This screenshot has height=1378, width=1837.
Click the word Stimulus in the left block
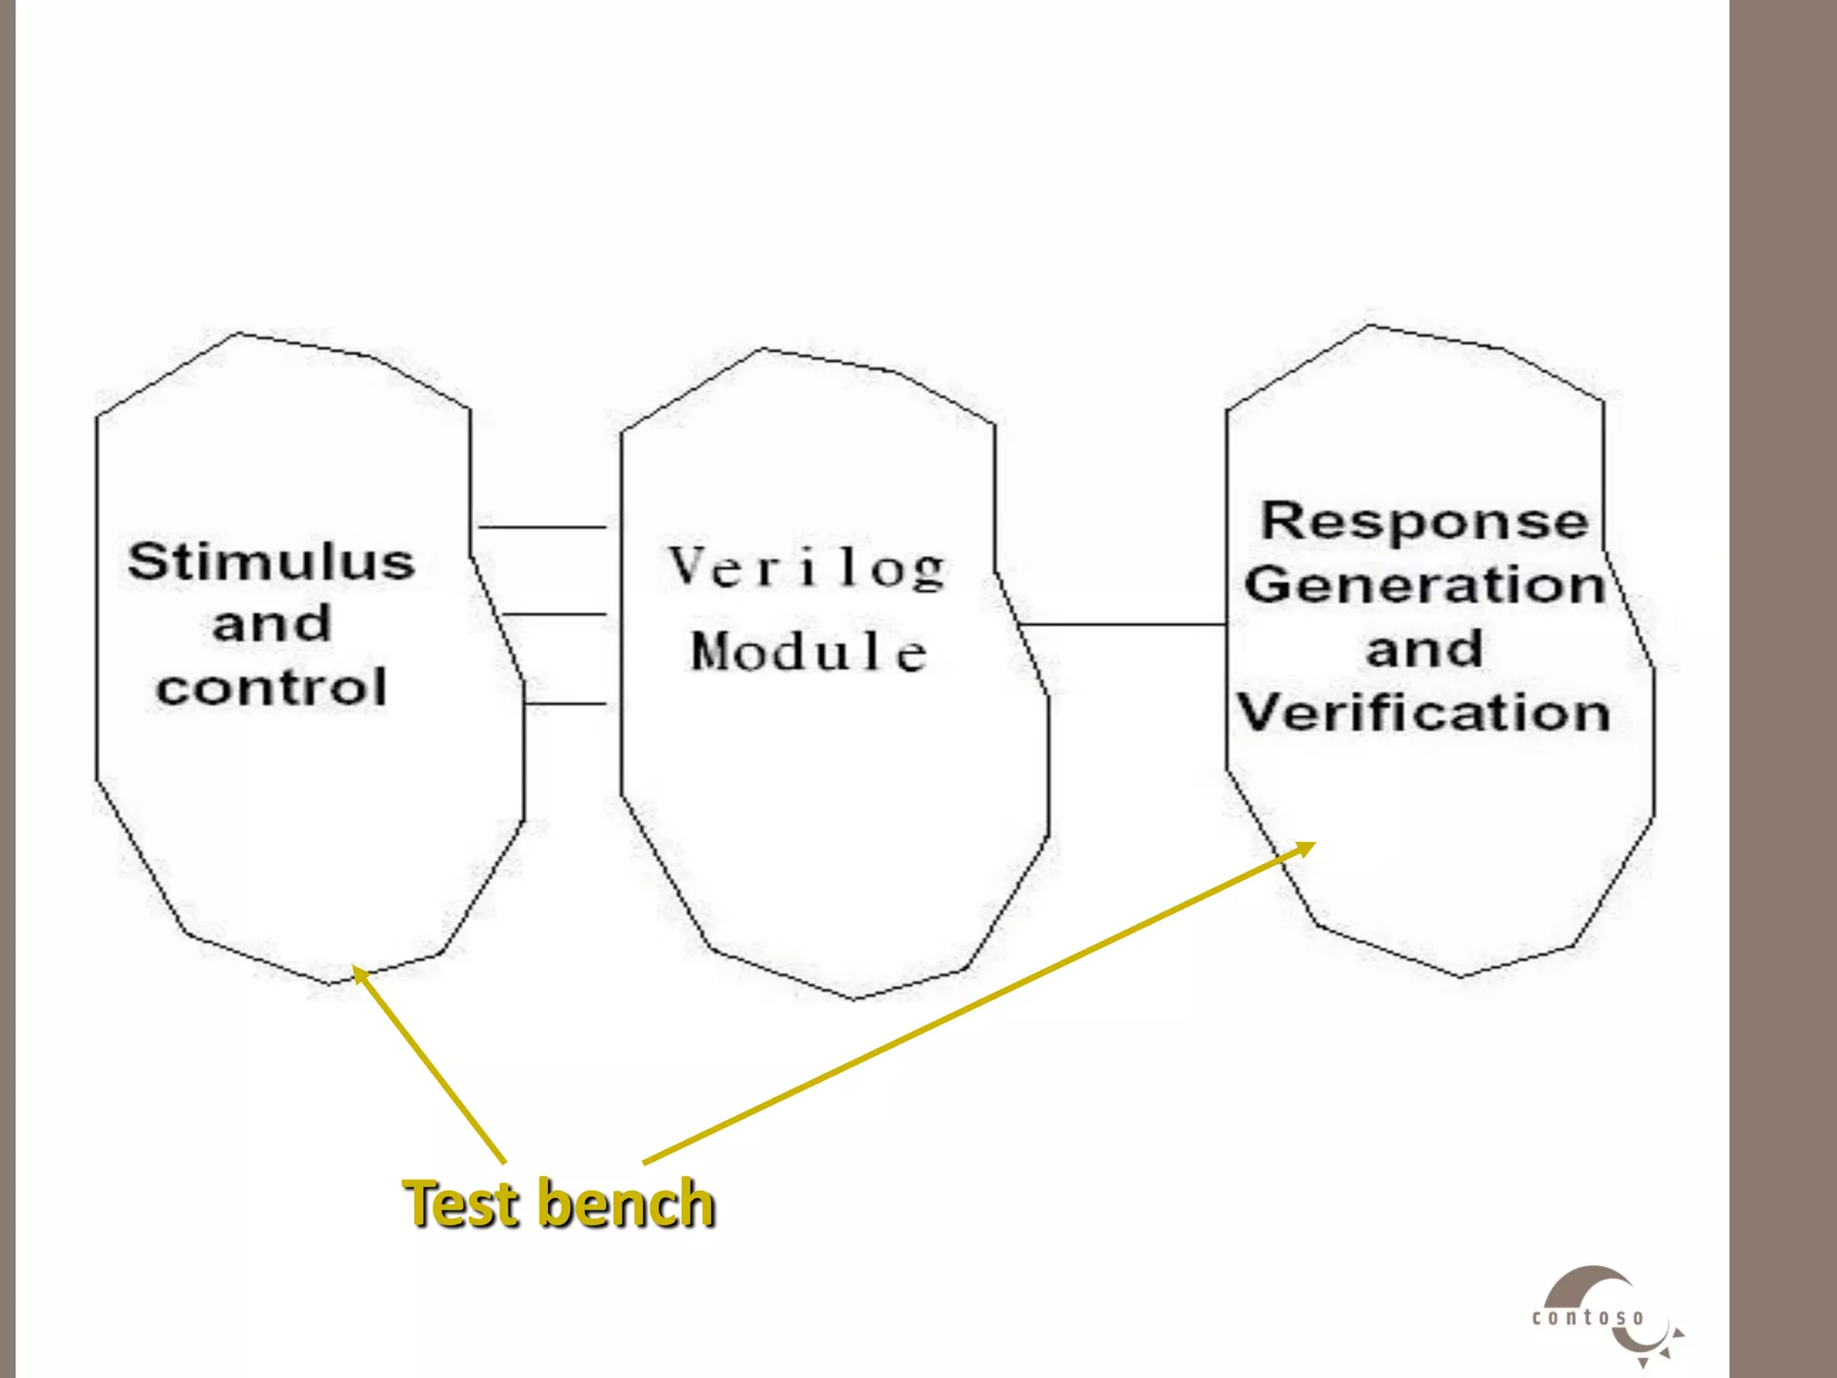[271, 562]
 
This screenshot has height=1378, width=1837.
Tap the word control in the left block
[271, 687]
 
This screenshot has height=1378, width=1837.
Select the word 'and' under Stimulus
[272, 624]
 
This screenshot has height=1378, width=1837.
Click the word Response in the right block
[1424, 521]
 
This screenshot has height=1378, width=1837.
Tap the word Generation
[1424, 585]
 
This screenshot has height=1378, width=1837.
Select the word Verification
[1424, 713]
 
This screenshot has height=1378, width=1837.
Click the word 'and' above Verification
[1424, 649]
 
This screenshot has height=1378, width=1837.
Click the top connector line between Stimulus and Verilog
[542, 528]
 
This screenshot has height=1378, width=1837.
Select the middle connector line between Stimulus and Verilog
[554, 615]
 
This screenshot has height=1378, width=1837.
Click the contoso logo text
[1589, 1318]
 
